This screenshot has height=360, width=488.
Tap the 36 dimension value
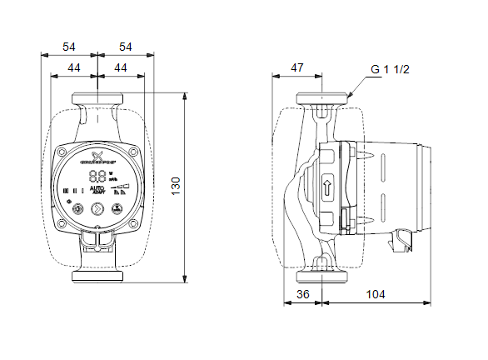pyautogui.click(x=303, y=294)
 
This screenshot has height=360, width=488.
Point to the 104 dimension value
pyautogui.click(x=376, y=294)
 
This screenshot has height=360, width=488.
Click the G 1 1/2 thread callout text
pyautogui.click(x=390, y=70)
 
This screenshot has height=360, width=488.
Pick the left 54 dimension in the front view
pyautogui.click(x=69, y=47)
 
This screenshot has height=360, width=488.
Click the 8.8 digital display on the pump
pyautogui.click(x=97, y=177)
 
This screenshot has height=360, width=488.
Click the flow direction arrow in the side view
pyautogui.click(x=326, y=187)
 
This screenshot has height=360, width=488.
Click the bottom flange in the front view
pyautogui.click(x=97, y=276)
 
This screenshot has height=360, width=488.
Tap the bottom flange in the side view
pyautogui.click(x=321, y=275)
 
